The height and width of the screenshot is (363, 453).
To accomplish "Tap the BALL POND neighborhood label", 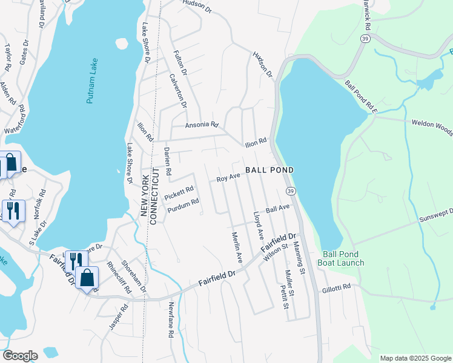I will (269, 170).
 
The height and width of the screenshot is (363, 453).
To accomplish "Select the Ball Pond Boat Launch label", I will (343, 258).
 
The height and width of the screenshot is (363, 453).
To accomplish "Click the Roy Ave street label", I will (229, 177).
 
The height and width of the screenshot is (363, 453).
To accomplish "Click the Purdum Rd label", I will (182, 206).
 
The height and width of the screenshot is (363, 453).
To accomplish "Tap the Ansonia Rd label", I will (202, 125).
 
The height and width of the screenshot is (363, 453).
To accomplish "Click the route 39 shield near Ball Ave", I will (291, 191).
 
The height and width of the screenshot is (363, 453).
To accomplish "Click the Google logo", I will (20, 355).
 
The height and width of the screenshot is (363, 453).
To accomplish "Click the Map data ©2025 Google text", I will (415, 358).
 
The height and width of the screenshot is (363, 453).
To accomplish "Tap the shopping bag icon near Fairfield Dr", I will (87, 278).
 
